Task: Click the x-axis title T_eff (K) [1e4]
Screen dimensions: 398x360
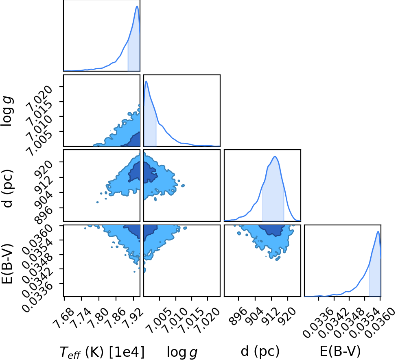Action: pos(102,352)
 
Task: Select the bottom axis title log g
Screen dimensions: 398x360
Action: pos(182,352)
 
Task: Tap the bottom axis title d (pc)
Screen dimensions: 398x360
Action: pos(260,351)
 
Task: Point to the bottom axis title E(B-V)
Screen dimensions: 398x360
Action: pos(340,351)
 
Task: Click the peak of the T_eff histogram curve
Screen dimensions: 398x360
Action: pos(137,6)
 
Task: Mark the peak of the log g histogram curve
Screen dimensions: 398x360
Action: pos(146,81)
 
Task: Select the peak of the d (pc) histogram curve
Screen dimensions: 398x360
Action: pos(275,156)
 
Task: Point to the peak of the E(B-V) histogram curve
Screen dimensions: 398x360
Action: pos(378,231)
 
